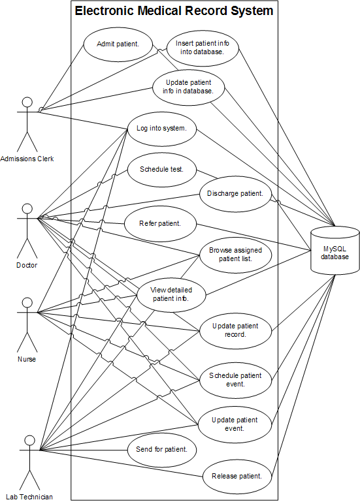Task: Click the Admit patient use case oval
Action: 118,44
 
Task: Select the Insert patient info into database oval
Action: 203,48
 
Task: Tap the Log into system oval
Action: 162,129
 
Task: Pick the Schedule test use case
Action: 162,170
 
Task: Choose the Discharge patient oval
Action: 236,194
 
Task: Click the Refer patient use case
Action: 160,224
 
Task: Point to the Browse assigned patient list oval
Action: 236,255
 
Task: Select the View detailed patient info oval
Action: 171,295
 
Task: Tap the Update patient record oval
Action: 236,331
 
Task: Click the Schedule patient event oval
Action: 236,381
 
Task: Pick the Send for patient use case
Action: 162,450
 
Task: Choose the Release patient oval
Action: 237,477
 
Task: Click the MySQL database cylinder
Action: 335,251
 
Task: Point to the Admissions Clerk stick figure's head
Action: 27,102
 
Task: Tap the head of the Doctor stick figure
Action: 27,209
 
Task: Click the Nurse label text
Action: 27,359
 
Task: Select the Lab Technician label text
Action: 29,497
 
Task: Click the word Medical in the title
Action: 159,11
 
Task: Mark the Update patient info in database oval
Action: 189,87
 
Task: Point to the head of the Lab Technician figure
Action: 30,440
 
